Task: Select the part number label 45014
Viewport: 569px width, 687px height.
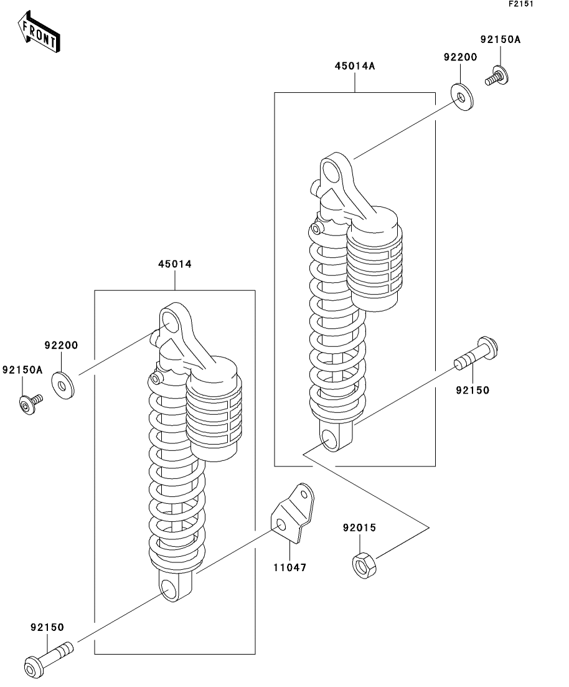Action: (174, 264)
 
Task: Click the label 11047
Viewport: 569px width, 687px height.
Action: (291, 567)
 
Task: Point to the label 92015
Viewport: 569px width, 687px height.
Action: (359, 528)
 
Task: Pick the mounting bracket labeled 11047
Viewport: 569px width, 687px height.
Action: (291, 514)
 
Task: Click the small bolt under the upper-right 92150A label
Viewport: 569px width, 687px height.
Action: (496, 77)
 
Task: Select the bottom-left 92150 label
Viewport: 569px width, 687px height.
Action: (47, 627)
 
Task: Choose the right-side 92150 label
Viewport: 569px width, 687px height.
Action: (472, 391)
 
